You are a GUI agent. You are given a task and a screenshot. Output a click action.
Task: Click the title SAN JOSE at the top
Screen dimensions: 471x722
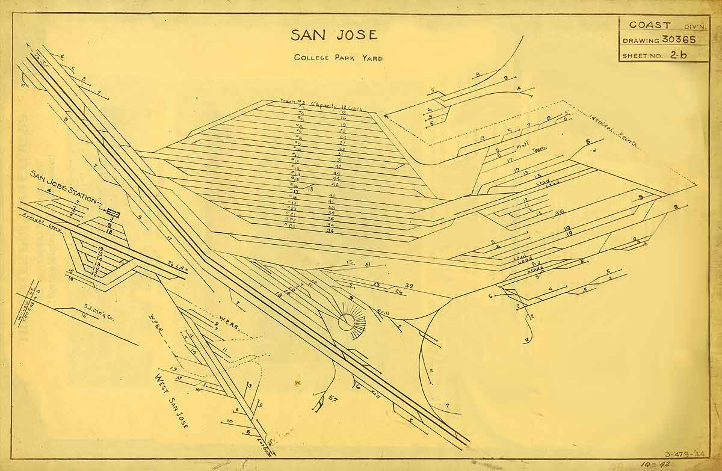[334, 35]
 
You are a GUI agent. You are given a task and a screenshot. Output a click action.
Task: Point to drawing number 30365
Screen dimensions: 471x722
[679, 40]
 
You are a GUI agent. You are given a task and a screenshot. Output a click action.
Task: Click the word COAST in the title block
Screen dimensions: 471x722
[650, 25]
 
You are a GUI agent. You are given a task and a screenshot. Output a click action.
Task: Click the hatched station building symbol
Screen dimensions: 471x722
[113, 212]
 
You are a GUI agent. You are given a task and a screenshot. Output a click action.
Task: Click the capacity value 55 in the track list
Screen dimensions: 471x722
[330, 207]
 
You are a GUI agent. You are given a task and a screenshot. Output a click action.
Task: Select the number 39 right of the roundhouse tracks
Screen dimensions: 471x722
[409, 285]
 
